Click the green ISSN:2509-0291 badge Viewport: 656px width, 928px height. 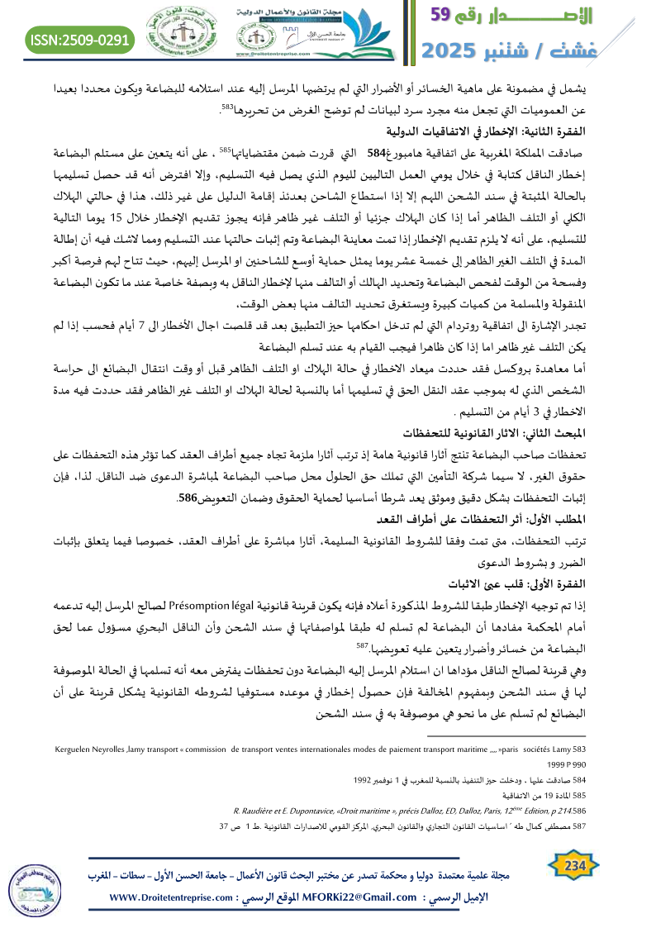(x=81, y=39)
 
